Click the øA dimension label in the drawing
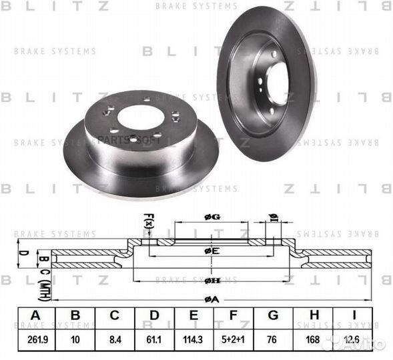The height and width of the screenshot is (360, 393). pos(212,298)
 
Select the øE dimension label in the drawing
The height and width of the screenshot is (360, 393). pos(212,251)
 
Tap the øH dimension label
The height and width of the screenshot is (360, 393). pos(212,281)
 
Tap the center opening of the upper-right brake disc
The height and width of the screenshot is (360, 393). pos(277,83)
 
